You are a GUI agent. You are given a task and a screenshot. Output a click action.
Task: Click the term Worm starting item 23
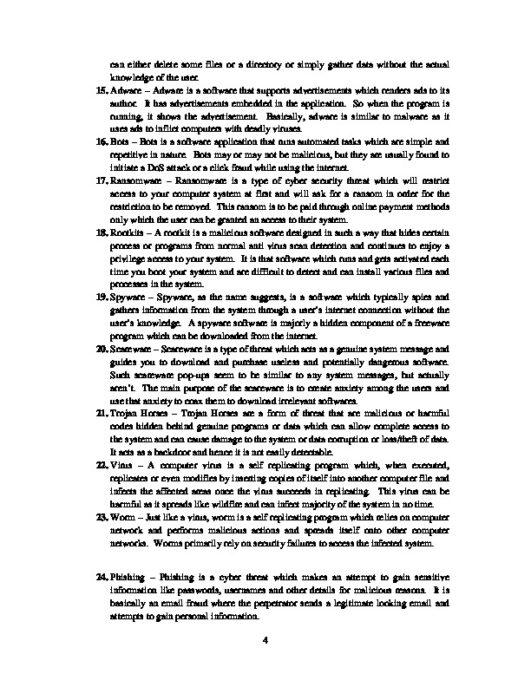122,514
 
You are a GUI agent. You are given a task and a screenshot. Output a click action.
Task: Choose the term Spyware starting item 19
127,296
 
